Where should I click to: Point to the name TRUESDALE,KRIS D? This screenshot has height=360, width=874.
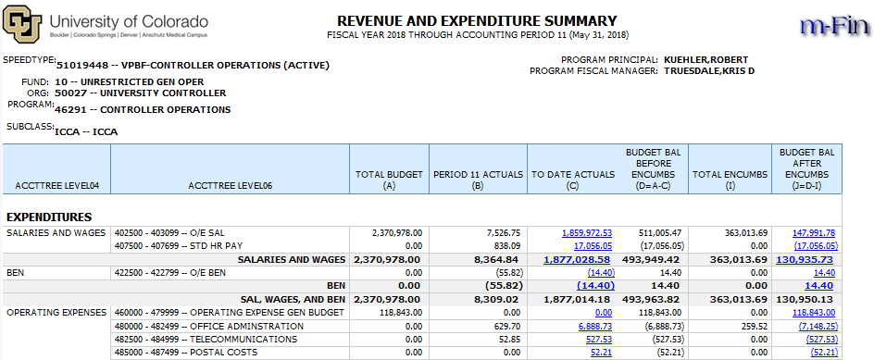click(709, 70)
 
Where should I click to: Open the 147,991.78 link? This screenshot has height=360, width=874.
click(814, 232)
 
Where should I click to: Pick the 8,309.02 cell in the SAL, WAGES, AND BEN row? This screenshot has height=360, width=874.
click(495, 300)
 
